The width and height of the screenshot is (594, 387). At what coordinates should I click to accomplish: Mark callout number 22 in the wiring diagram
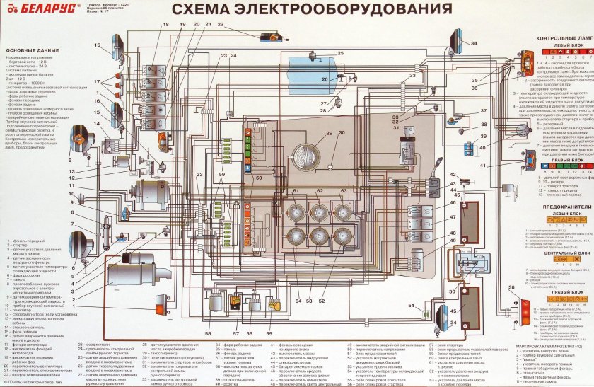coord(221,25)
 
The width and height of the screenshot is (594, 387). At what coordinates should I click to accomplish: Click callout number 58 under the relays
coord(207,333)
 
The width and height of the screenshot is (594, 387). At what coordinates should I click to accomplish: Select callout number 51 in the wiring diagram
coord(410,305)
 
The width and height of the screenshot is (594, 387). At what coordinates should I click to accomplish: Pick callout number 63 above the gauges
coord(343,191)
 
